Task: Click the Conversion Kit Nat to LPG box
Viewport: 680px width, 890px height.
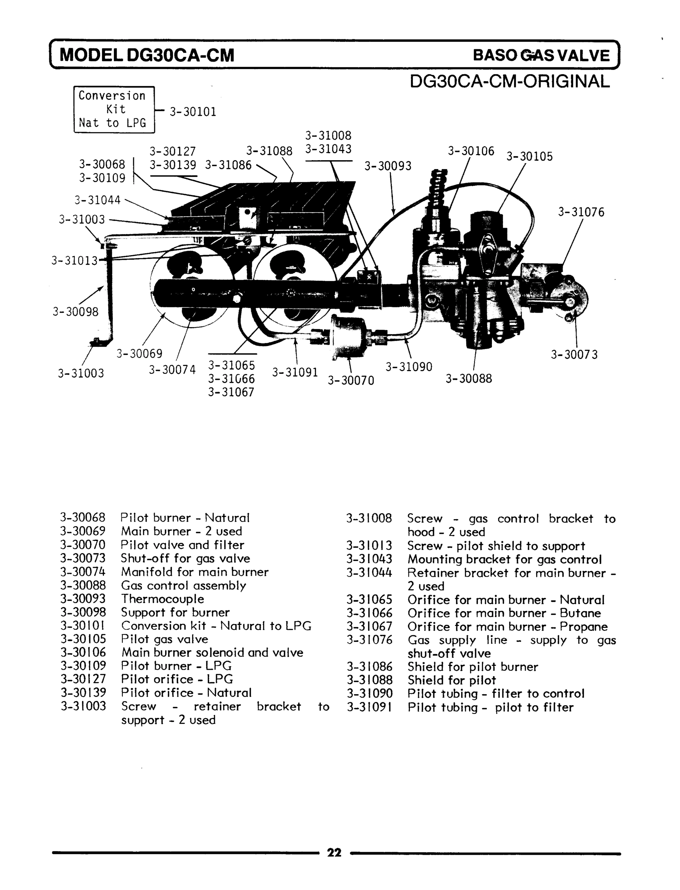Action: pyautogui.click(x=114, y=109)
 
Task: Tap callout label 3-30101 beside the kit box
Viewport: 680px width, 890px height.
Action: pyautogui.click(x=193, y=112)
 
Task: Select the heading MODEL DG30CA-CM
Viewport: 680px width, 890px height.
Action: pyautogui.click(x=147, y=55)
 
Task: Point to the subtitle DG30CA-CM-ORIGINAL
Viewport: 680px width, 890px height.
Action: pyautogui.click(x=510, y=81)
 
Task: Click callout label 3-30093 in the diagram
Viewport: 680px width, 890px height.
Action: pyautogui.click(x=387, y=166)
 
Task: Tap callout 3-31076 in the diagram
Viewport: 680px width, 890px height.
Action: pyautogui.click(x=581, y=212)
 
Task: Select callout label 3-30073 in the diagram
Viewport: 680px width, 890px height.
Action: pyautogui.click(x=574, y=355)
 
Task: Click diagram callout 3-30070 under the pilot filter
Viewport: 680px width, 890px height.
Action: pyautogui.click(x=351, y=380)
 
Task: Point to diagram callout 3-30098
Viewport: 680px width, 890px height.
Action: pyautogui.click(x=75, y=311)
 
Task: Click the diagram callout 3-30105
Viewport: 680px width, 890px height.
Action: pyautogui.click(x=529, y=156)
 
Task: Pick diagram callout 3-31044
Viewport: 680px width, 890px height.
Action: pyautogui.click(x=97, y=200)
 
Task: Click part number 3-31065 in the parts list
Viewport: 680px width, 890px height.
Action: pyautogui.click(x=369, y=600)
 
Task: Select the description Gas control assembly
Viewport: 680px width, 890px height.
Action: pyautogui.click(x=183, y=586)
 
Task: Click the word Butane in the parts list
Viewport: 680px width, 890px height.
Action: pyautogui.click(x=580, y=613)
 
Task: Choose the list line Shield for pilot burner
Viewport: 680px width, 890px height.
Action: pyautogui.click(x=472, y=667)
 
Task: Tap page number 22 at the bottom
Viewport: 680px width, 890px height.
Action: pyautogui.click(x=334, y=853)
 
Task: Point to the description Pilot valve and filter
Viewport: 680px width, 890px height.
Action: pyautogui.click(x=182, y=545)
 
